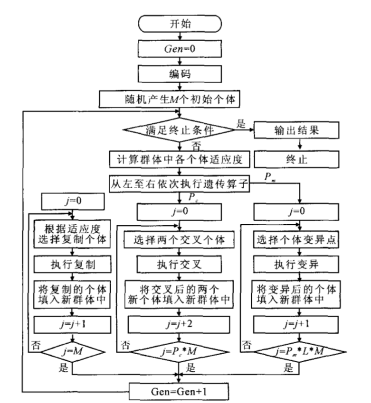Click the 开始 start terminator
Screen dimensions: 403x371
(x=180, y=24)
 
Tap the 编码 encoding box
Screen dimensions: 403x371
(x=180, y=74)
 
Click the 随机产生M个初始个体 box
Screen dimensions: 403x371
(x=180, y=100)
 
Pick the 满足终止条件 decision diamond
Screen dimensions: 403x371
(x=180, y=129)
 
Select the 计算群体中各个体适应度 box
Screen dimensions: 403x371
(x=180, y=159)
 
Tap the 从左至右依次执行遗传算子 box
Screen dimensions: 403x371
(x=180, y=184)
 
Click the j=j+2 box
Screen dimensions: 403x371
(x=180, y=325)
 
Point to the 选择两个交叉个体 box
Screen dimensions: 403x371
(x=180, y=240)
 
